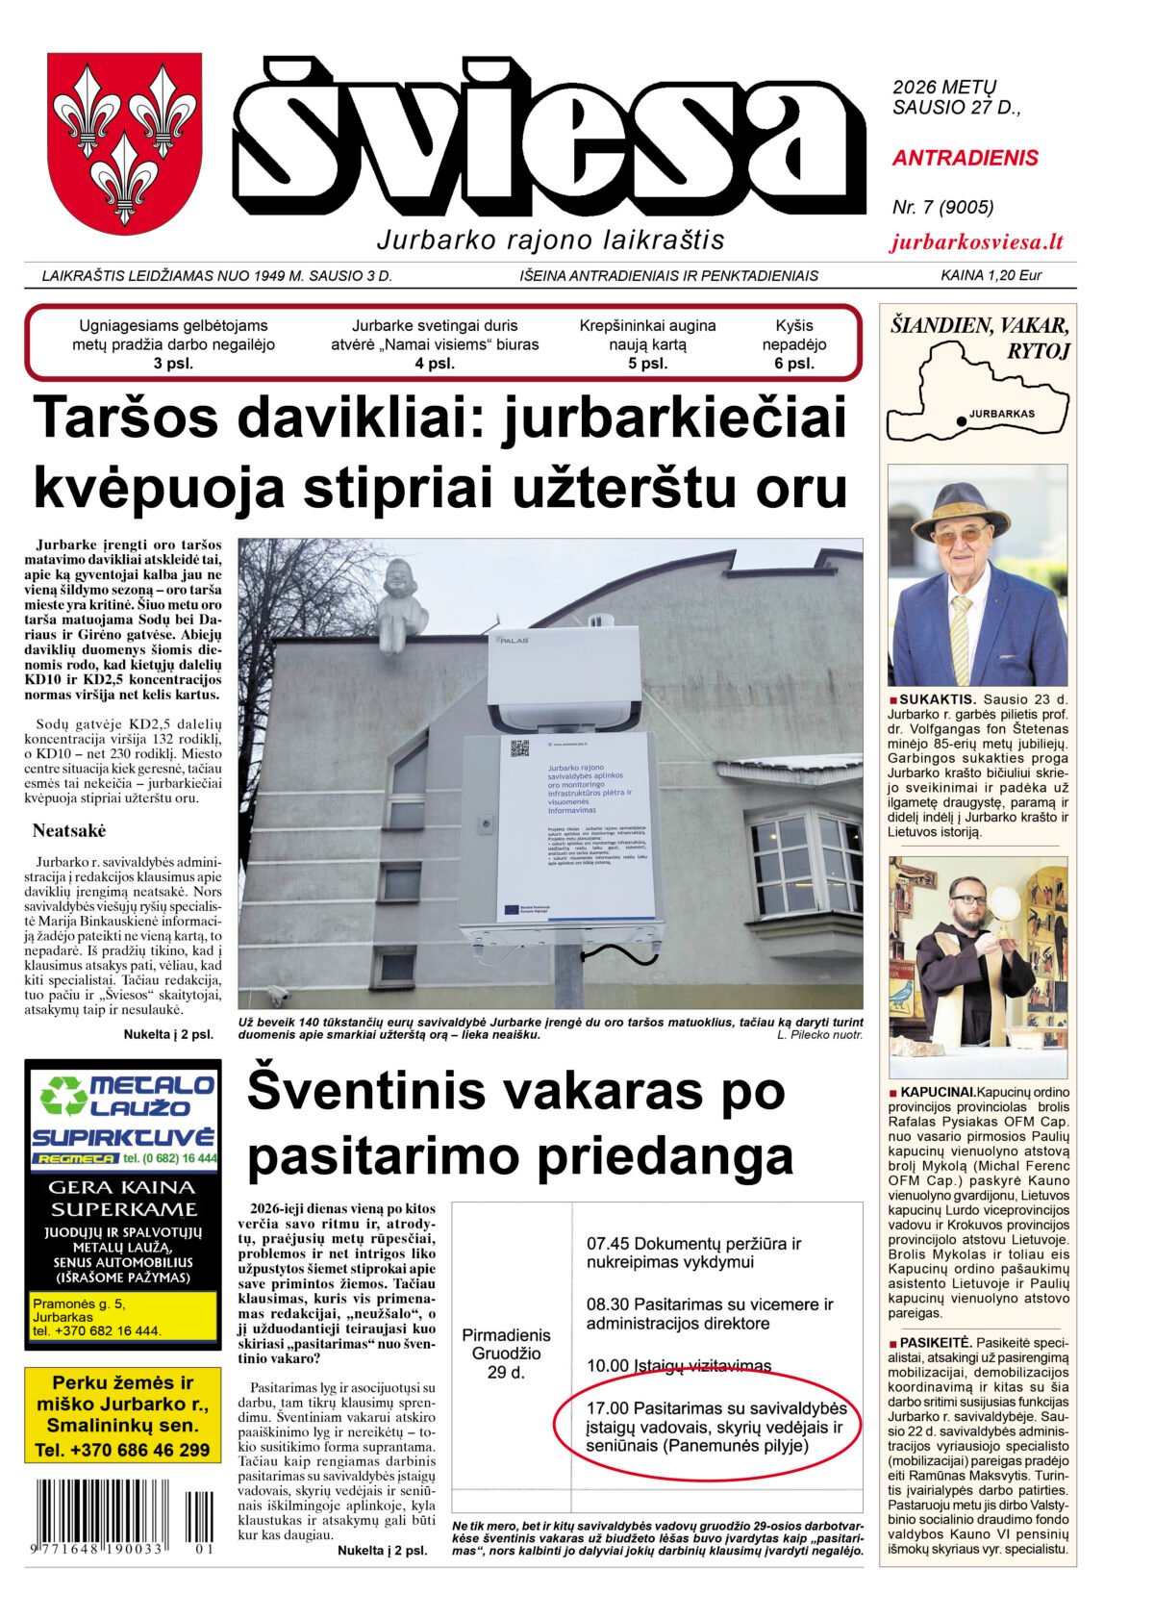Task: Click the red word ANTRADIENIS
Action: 965,158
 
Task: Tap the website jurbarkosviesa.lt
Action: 976,242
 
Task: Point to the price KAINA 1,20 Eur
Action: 991,276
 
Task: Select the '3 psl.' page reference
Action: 173,364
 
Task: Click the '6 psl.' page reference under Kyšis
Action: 793,364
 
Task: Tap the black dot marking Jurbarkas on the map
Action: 961,420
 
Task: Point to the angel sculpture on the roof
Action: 401,605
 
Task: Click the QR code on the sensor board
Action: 519,748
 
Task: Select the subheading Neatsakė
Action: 69,831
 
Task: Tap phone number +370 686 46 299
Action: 122,1450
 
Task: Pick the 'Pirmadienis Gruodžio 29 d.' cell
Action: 506,1353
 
